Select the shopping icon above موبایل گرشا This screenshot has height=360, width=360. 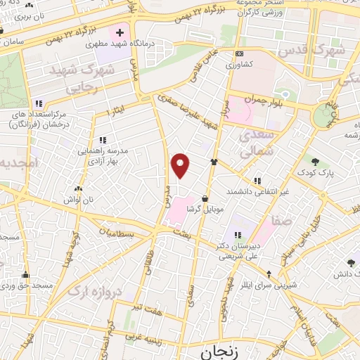tap(205, 199)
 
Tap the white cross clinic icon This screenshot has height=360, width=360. tap(120, 32)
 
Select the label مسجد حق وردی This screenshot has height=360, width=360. tap(26, 286)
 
